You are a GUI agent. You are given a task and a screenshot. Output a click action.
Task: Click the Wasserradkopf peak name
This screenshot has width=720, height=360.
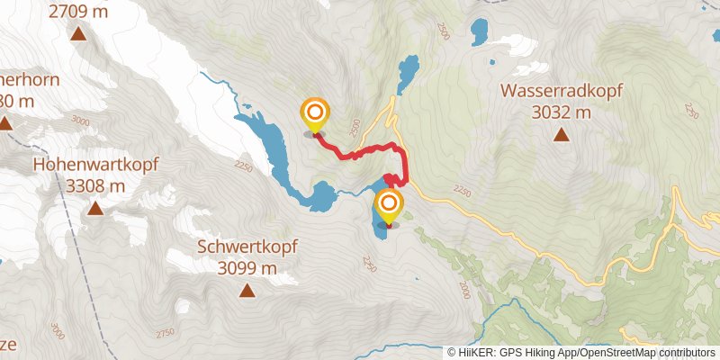click(x=562, y=91)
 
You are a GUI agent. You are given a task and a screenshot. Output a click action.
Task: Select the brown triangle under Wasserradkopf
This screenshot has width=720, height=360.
click(x=562, y=136)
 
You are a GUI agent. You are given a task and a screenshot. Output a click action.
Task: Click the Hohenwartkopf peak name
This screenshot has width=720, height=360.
click(x=95, y=165)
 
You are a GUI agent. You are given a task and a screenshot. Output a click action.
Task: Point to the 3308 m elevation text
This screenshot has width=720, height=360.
click(x=95, y=185)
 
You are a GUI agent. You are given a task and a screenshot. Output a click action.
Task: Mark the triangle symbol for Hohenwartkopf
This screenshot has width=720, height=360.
click(x=95, y=209)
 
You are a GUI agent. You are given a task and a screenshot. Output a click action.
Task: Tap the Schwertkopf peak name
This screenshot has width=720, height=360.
click(x=247, y=246)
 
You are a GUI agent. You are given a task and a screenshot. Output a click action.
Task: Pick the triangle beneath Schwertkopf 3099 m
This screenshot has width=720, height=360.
click(x=247, y=290)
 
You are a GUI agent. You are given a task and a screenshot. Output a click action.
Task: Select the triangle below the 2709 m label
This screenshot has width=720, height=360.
click(x=78, y=34)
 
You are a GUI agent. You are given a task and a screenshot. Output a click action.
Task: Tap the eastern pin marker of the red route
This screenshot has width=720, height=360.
click(x=389, y=205)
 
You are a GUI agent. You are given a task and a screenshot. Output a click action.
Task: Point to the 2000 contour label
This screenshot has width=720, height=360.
click(x=464, y=289)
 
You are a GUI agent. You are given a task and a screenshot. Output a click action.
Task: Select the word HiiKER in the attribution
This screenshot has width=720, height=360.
click(x=478, y=353)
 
